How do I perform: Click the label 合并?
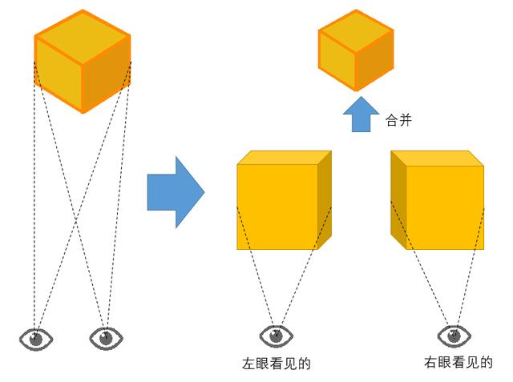pyautogui.click(x=398, y=120)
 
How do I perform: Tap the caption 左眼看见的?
pyautogui.click(x=277, y=364)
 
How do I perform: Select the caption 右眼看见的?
pyautogui.click(x=458, y=362)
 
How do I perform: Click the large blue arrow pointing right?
pyautogui.click(x=176, y=192)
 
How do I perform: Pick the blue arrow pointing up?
pyautogui.click(x=361, y=114)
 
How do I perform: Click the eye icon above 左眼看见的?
pyautogui.click(x=276, y=336)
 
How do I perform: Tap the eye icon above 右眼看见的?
pyautogui.click(x=454, y=336)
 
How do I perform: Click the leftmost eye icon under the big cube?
pyautogui.click(x=36, y=340)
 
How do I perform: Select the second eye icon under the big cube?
pyautogui.click(x=106, y=339)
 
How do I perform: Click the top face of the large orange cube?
pyautogui.click(x=83, y=37)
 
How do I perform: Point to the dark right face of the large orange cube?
pyautogui.click(x=106, y=74)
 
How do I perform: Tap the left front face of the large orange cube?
pyautogui.click(x=59, y=74)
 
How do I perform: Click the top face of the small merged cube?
pyautogui.click(x=356, y=31)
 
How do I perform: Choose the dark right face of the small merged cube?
pyautogui.click(x=374, y=60)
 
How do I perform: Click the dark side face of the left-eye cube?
pyautogui.click(x=325, y=199)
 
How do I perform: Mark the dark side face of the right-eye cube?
pyautogui.click(x=398, y=199)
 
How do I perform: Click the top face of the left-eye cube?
pyautogui.click(x=285, y=158)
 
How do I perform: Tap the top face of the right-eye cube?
pyautogui.click(x=438, y=158)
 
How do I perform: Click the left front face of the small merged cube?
pyautogui.click(x=337, y=60)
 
